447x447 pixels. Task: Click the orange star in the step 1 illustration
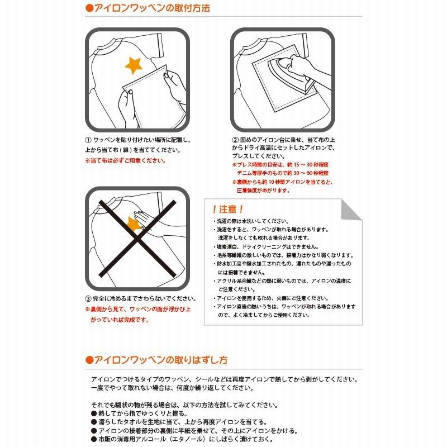coord(135,65)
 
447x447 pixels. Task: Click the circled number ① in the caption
coord(88,140)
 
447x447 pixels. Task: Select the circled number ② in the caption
coord(235,140)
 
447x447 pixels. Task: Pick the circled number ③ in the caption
coord(88,298)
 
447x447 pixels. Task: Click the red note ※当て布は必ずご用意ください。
coord(125,160)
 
